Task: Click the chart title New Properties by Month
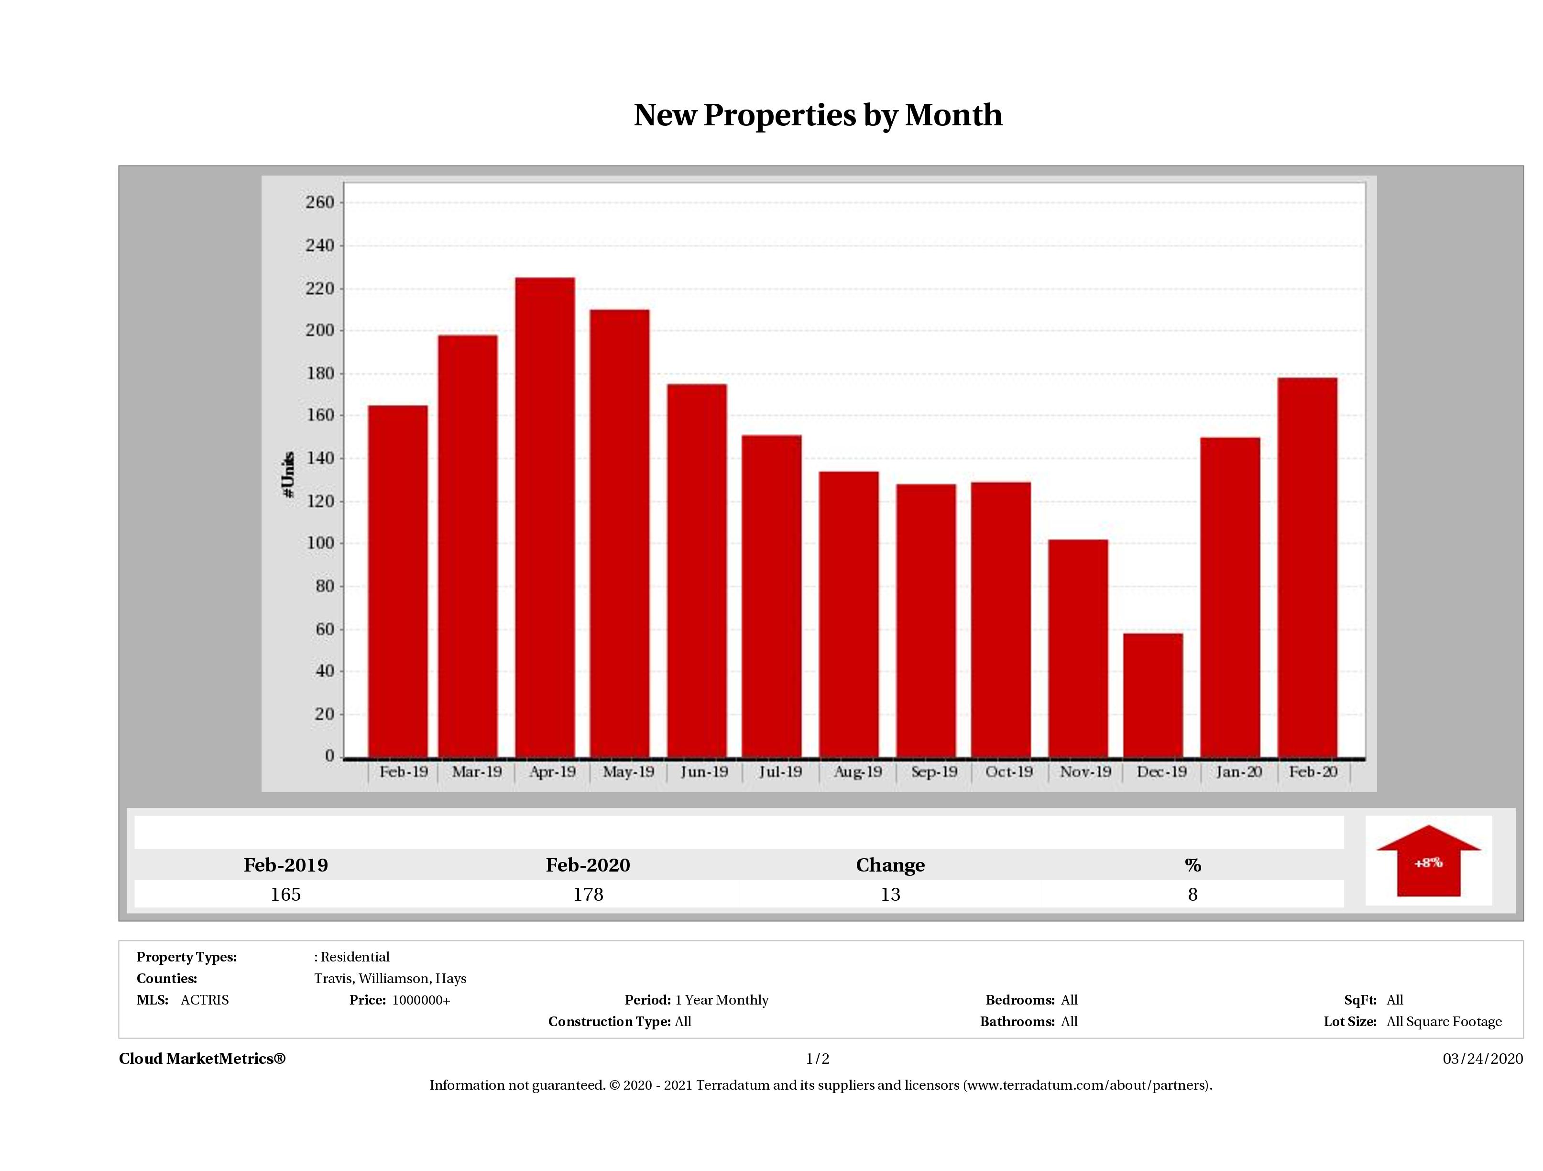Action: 818,115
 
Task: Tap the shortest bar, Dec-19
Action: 1152,695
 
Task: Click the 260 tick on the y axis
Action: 320,202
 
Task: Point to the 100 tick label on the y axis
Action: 320,543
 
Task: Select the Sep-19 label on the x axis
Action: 933,772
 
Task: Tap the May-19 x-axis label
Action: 628,772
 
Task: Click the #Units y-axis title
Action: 288,475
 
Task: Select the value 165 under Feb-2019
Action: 285,895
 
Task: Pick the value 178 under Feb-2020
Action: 588,895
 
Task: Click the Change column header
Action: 890,865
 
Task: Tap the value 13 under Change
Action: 890,895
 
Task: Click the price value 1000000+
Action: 421,1000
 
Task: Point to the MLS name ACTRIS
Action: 204,1000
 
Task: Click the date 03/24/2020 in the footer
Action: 1482,1059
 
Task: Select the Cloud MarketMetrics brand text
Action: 202,1059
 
